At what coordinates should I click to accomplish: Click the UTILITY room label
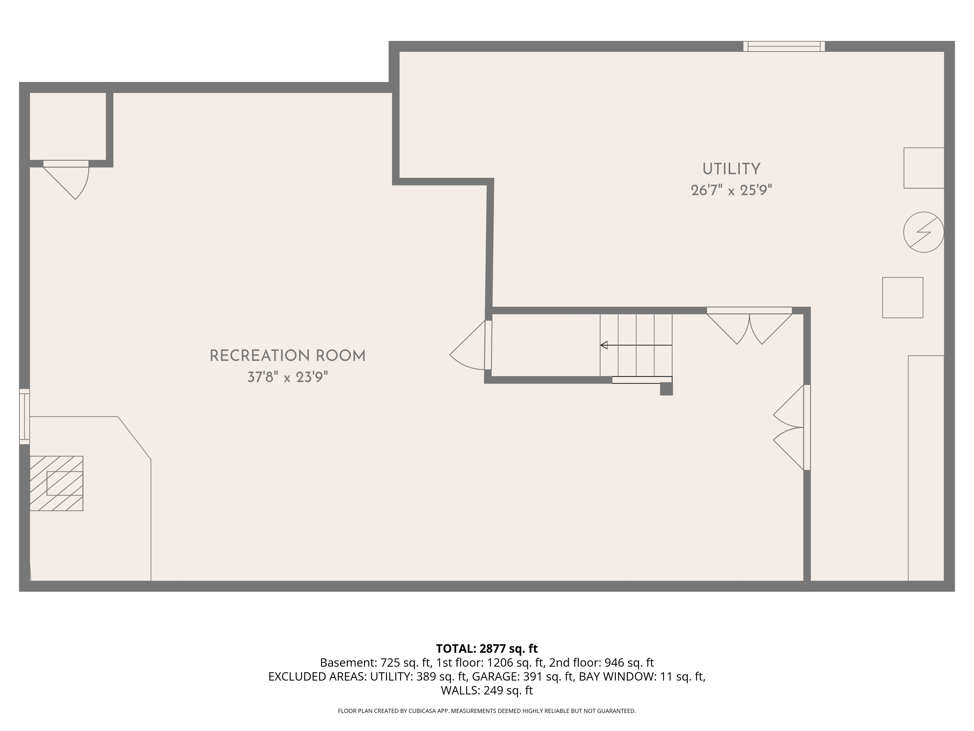pyautogui.click(x=731, y=169)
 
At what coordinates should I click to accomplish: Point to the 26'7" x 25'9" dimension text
pyautogui.click(x=731, y=190)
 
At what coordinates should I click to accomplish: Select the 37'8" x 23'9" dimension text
pyautogui.click(x=288, y=377)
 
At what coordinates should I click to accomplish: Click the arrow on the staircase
pyautogui.click(x=636, y=345)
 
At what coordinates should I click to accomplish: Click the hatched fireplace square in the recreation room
pyautogui.click(x=56, y=483)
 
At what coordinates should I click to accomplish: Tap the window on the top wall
pyautogui.click(x=784, y=46)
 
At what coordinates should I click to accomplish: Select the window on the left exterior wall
pyautogui.click(x=24, y=416)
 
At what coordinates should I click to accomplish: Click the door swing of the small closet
pyautogui.click(x=66, y=180)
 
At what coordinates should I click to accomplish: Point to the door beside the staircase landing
pyautogui.click(x=470, y=345)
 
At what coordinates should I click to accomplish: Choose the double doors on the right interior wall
pyautogui.click(x=792, y=427)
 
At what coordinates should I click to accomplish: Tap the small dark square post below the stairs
pyautogui.click(x=666, y=389)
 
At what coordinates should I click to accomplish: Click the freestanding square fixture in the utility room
pyautogui.click(x=903, y=298)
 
